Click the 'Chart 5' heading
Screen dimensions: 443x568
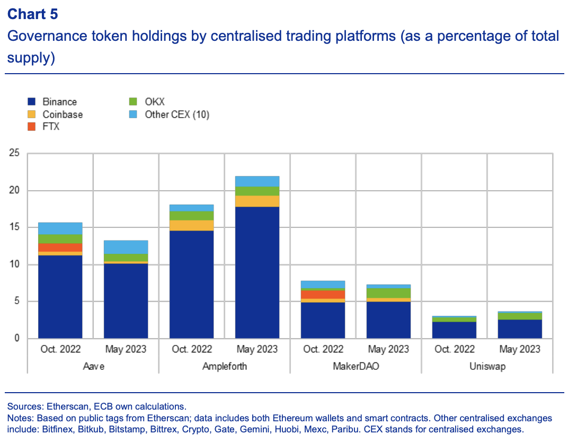tap(32, 14)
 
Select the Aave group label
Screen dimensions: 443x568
tap(93, 366)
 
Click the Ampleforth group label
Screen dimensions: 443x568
tap(224, 366)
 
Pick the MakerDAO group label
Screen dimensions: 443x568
tap(356, 366)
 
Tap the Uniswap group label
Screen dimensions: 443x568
tap(487, 366)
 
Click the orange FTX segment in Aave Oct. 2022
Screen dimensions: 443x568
tap(60, 247)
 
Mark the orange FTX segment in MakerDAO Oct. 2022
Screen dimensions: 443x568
tap(323, 294)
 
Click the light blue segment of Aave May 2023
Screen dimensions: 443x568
tap(126, 247)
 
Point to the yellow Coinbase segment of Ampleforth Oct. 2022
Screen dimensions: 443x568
tap(191, 225)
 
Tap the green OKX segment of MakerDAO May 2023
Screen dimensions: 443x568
tap(388, 293)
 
